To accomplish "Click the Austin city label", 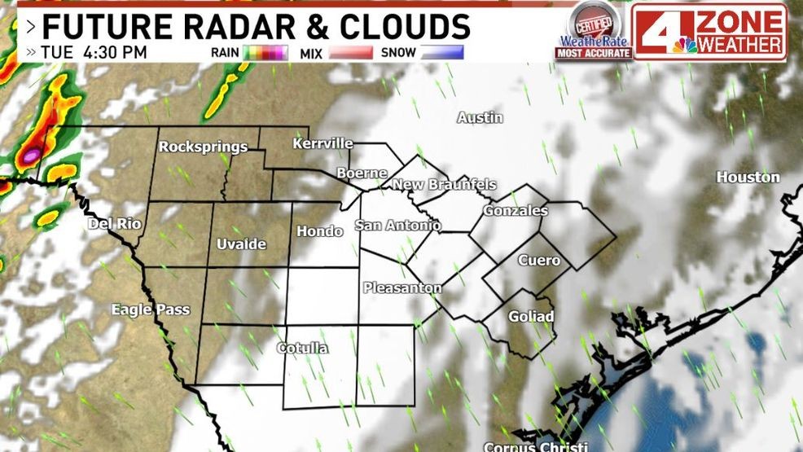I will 480,118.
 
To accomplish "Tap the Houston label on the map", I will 748,177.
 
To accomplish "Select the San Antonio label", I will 397,226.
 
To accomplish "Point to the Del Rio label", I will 114,224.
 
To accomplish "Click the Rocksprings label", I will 203,147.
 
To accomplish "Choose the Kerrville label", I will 323,144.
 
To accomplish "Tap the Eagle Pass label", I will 151,309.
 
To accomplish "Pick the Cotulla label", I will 302,349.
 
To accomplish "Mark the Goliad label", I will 531,316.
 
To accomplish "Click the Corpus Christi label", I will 535,446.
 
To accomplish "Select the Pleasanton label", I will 402,287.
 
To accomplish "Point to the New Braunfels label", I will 444,185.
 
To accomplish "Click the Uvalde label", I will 241,244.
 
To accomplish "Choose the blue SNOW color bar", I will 441,53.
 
